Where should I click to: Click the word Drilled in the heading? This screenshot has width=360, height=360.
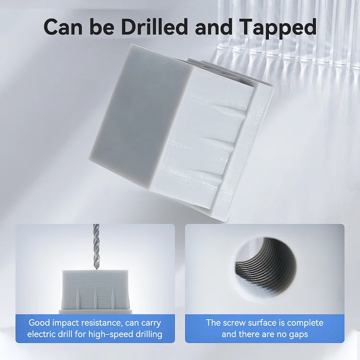tap(154, 26)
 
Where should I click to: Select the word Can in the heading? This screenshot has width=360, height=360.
tap(63, 27)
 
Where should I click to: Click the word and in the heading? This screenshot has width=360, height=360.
tap(214, 26)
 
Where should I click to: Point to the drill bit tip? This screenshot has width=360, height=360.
tap(96, 268)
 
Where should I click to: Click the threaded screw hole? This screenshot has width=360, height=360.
tap(265, 266)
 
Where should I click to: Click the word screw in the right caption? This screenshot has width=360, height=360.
tap(238, 323)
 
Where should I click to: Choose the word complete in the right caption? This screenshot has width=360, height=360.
tap(305, 323)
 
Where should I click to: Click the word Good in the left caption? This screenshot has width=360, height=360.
tap(39, 323)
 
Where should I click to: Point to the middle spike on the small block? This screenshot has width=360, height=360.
tap(95, 297)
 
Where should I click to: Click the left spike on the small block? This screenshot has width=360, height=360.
tap(77, 298)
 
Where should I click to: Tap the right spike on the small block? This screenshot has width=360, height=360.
tap(112, 298)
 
